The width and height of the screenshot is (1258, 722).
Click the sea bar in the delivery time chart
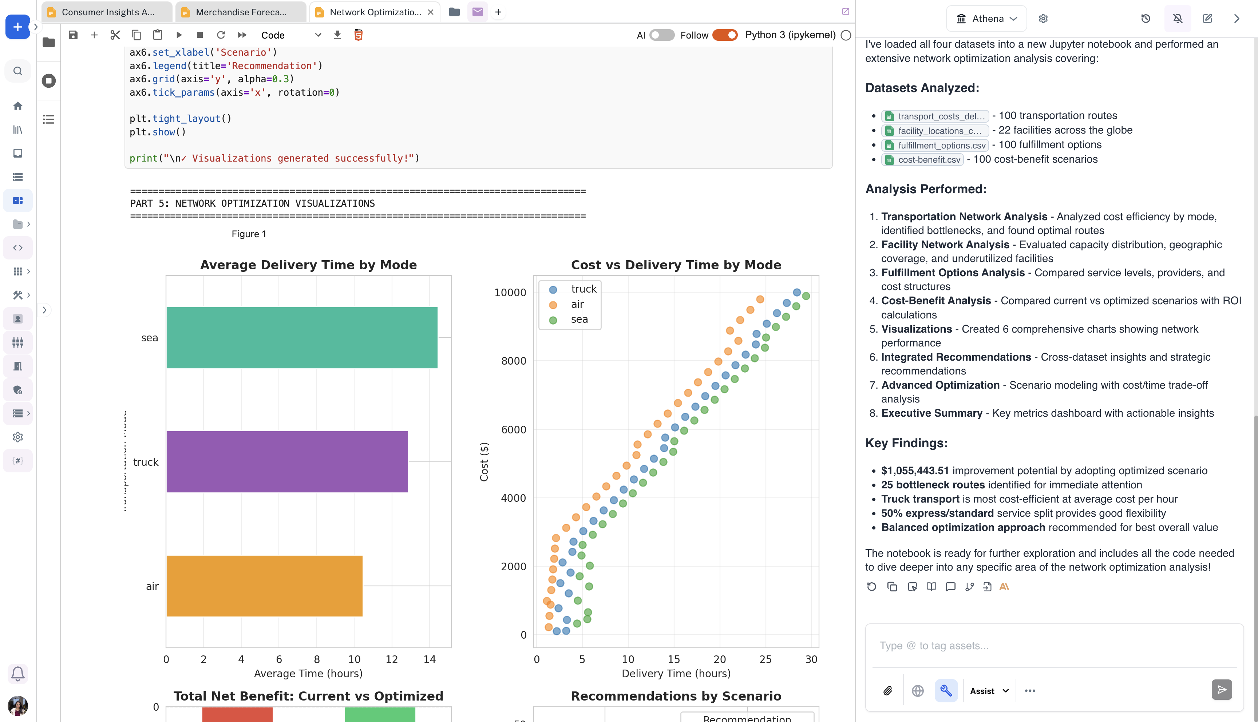[301, 338]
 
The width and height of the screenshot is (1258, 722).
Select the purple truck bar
[286, 462]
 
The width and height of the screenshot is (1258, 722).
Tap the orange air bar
[264, 586]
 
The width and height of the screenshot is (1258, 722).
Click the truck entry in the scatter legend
[583, 289]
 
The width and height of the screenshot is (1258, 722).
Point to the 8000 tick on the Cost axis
[513, 361]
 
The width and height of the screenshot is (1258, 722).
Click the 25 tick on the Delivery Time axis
[765, 659]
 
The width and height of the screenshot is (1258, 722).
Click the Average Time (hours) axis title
[308, 673]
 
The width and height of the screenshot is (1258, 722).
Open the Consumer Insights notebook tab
[108, 12]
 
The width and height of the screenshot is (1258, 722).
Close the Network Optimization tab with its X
[430, 12]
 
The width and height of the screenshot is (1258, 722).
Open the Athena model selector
[987, 18]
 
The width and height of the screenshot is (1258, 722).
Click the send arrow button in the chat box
[1221, 690]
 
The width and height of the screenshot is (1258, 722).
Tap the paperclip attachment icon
[887, 691]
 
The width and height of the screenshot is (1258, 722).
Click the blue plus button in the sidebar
[18, 27]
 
